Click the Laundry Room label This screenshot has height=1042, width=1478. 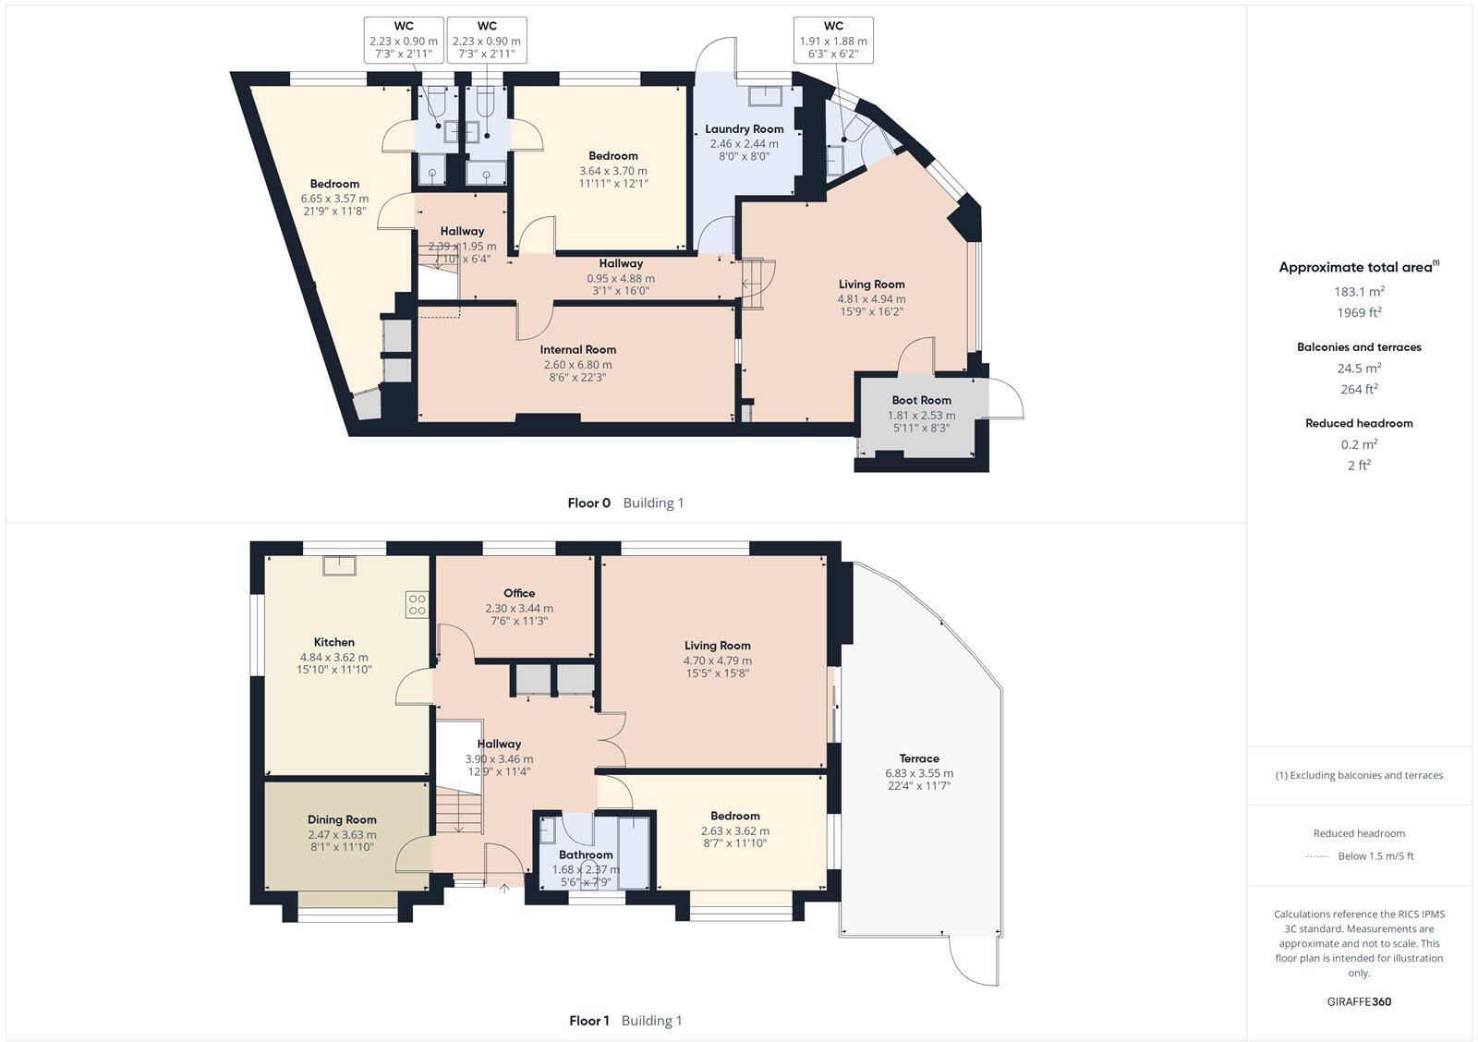click(744, 129)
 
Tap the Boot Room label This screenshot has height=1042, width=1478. click(921, 400)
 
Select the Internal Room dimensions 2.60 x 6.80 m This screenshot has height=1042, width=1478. click(577, 364)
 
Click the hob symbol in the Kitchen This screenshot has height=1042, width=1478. click(417, 605)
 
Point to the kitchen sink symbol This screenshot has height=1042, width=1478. click(338, 564)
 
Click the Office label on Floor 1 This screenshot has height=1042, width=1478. click(519, 593)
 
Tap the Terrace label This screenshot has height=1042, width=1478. click(919, 758)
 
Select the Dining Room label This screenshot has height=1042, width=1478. click(342, 819)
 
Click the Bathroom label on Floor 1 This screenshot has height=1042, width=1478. click(586, 854)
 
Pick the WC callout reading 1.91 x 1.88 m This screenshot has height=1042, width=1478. click(832, 41)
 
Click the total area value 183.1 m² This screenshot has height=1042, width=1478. click(1359, 291)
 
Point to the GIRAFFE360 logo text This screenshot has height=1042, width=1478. click(1359, 1001)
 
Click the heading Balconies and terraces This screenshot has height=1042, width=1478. click(1359, 347)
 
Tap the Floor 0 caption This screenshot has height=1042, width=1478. click(588, 503)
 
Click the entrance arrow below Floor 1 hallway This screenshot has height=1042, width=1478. click(504, 889)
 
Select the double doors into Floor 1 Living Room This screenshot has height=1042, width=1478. click(612, 739)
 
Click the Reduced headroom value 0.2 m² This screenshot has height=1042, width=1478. click(1359, 444)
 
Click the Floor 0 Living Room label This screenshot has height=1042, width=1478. click(871, 285)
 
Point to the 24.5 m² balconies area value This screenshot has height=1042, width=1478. click(1359, 369)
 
